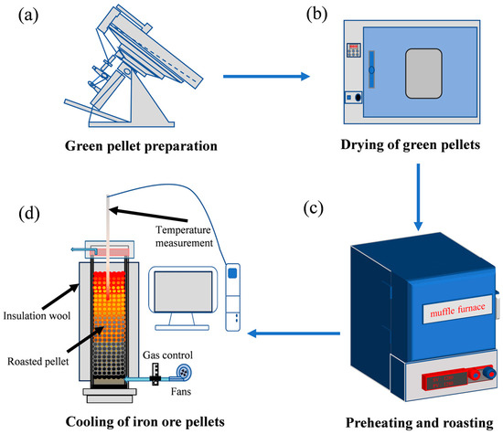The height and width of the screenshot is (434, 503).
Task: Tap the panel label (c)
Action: pyautogui.click(x=315, y=209)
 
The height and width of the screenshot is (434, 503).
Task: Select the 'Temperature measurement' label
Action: pyautogui.click(x=179, y=238)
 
